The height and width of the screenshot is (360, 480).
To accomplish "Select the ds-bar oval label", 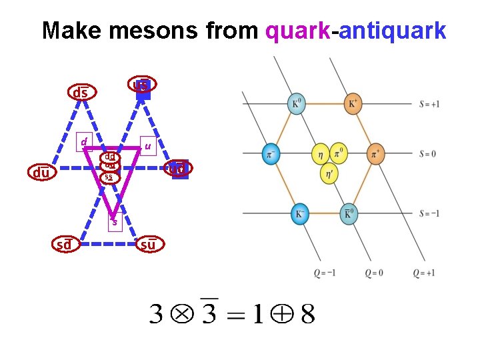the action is click(x=80, y=93).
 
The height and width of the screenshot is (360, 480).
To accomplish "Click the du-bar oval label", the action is click(x=42, y=173).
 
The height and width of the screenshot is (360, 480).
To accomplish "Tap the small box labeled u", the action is click(x=147, y=145).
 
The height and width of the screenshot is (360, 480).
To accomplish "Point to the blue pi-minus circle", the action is click(x=270, y=154).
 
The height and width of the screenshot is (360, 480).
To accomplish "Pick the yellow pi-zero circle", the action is click(x=338, y=154).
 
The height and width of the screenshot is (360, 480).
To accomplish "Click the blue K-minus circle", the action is click(x=299, y=213).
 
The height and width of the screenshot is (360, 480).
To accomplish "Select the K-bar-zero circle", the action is click(x=347, y=213).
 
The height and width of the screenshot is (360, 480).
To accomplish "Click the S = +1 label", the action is click(x=429, y=104).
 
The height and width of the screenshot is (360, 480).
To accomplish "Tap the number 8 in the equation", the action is click(x=307, y=313).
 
